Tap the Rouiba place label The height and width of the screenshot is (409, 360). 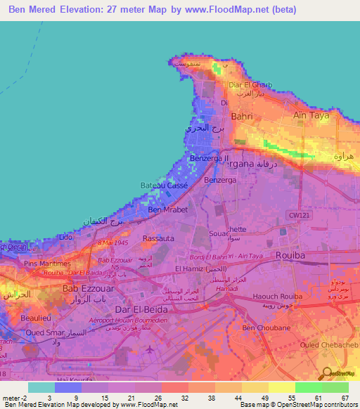(290, 255)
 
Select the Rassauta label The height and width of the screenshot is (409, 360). (159, 238)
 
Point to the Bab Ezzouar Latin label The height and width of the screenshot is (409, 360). (88, 287)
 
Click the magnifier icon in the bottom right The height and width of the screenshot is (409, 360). (326, 373)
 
